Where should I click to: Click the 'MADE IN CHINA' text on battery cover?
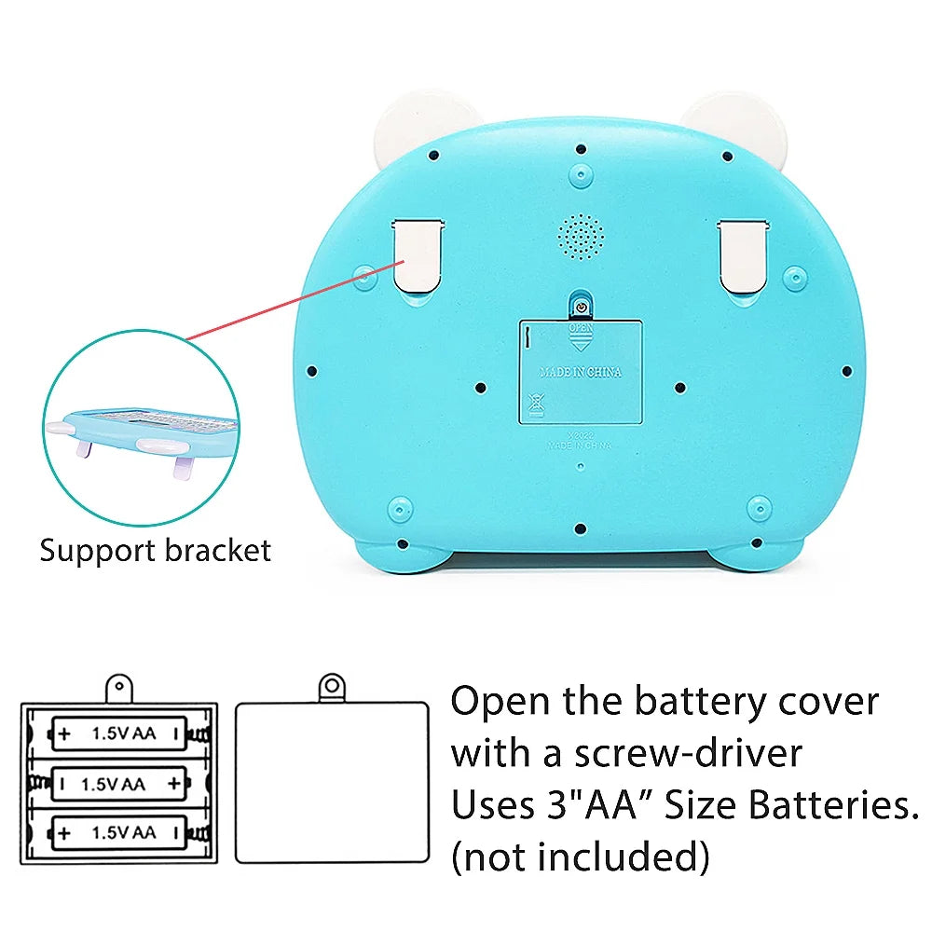tap(581, 372)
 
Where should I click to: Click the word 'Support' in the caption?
tap(98, 550)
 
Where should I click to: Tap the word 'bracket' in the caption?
tap(217, 550)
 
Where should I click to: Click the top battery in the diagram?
tap(119, 733)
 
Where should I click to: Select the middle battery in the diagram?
tap(119, 784)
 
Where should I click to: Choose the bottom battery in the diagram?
tap(119, 830)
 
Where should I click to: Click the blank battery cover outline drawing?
tap(332, 783)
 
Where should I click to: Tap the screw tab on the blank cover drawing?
tap(332, 688)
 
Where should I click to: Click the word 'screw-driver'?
tap(688, 753)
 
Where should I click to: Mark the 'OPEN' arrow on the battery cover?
tap(581, 337)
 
